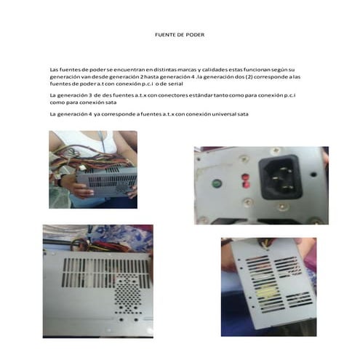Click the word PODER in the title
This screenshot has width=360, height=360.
click(195, 35)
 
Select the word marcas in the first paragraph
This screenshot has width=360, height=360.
click(187, 70)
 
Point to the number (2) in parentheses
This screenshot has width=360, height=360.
click(249, 77)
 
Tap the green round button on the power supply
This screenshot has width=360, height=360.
click(217, 183)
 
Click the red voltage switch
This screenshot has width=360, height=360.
click(246, 180)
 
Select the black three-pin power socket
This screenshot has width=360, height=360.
click(281, 177)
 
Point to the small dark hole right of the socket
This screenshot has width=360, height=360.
click(313, 174)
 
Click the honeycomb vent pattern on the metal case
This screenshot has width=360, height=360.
click(127, 295)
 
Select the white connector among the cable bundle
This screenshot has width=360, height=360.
click(83, 167)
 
